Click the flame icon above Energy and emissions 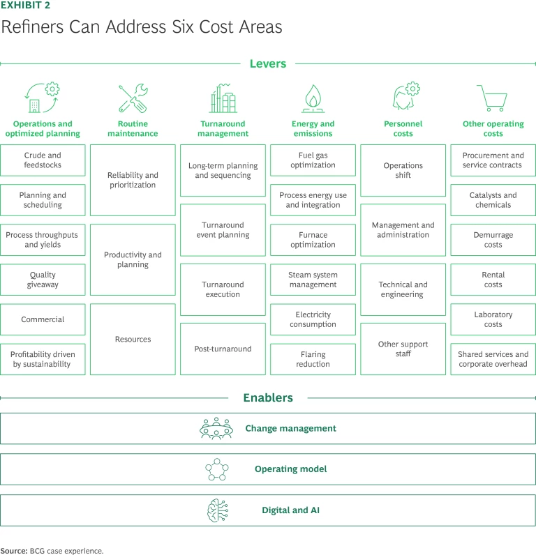[x=313, y=99]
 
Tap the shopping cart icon [x=492, y=98]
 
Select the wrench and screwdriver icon [x=133, y=99]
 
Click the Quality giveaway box [x=43, y=280]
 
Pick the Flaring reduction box [x=313, y=359]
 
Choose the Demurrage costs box [x=493, y=240]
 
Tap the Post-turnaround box [x=223, y=349]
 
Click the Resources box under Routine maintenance [x=133, y=340]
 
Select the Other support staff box [x=403, y=349]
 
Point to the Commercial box [x=43, y=319]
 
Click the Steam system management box [x=313, y=280]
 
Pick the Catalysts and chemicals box [x=493, y=200]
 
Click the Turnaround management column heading [x=223, y=129]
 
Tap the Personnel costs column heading [x=403, y=129]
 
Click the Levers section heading [x=268, y=63]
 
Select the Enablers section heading [x=268, y=398]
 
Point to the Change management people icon [x=216, y=429]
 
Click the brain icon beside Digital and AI [x=216, y=510]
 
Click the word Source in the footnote [x=13, y=551]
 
